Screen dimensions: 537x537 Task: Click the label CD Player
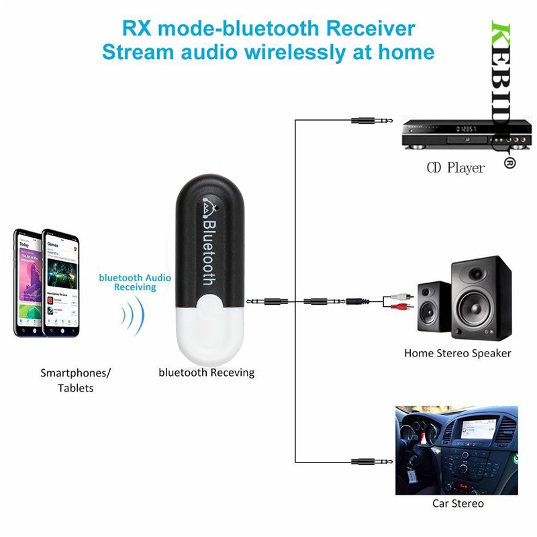pyautogui.click(x=455, y=168)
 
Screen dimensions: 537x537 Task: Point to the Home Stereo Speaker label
pyautogui.click(x=457, y=353)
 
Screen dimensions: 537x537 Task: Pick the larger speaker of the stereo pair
pyautogui.click(x=481, y=298)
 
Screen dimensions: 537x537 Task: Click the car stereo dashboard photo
pyautogui.click(x=456, y=450)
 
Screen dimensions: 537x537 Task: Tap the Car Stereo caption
pyautogui.click(x=458, y=503)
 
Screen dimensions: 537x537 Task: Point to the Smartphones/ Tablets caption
pyautogui.click(x=75, y=380)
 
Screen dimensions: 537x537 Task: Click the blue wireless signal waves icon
pyautogui.click(x=134, y=316)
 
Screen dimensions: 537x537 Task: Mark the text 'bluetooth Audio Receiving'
pyautogui.click(x=135, y=282)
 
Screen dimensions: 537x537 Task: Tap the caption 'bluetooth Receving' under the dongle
pyautogui.click(x=206, y=372)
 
